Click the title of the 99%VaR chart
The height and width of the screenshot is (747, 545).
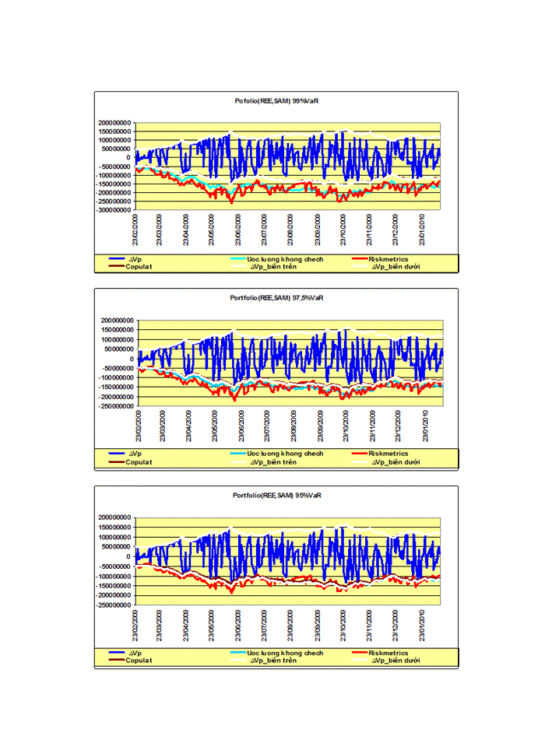pos(276,101)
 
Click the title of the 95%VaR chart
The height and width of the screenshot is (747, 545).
pos(276,495)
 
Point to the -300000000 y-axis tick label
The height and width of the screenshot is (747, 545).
pos(114,210)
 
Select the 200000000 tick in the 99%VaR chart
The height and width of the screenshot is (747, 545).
pos(114,123)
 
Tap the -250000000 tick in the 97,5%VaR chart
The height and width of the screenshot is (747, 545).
pos(114,406)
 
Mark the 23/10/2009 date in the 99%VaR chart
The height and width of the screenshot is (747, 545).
pos(343,228)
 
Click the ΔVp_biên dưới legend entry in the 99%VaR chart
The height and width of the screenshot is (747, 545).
pos(396,267)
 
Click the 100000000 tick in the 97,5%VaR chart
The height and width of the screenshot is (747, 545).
pos(114,339)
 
